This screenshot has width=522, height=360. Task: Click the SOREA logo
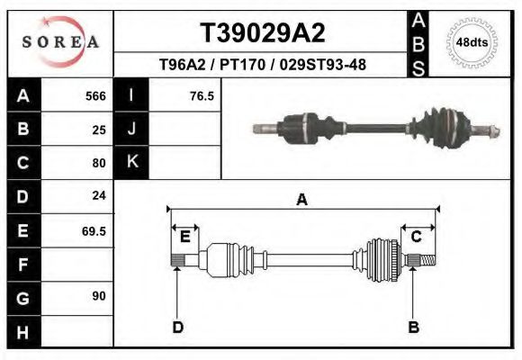click(x=59, y=41)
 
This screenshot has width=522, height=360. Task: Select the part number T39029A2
click(x=262, y=34)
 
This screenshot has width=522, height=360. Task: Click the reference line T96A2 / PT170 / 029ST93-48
click(x=262, y=65)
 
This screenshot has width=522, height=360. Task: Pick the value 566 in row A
click(x=95, y=95)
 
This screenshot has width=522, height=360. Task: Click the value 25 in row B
click(x=99, y=130)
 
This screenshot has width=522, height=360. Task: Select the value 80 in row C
click(x=99, y=163)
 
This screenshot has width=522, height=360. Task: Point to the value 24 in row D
click(x=99, y=195)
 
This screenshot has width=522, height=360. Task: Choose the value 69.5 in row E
click(x=94, y=230)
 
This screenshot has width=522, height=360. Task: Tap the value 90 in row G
click(x=99, y=296)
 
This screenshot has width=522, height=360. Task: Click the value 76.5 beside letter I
click(x=202, y=95)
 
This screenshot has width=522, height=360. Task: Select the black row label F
click(x=22, y=265)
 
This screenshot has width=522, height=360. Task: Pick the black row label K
click(x=131, y=162)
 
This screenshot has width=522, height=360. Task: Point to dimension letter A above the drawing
click(x=302, y=200)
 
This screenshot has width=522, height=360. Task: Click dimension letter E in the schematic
click(x=184, y=237)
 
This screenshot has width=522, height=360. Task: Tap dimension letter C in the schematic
click(x=417, y=237)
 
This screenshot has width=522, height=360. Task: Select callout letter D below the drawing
click(x=177, y=328)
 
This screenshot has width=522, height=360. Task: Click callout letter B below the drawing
click(x=413, y=328)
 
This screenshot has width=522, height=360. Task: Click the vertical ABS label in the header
click(x=418, y=41)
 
